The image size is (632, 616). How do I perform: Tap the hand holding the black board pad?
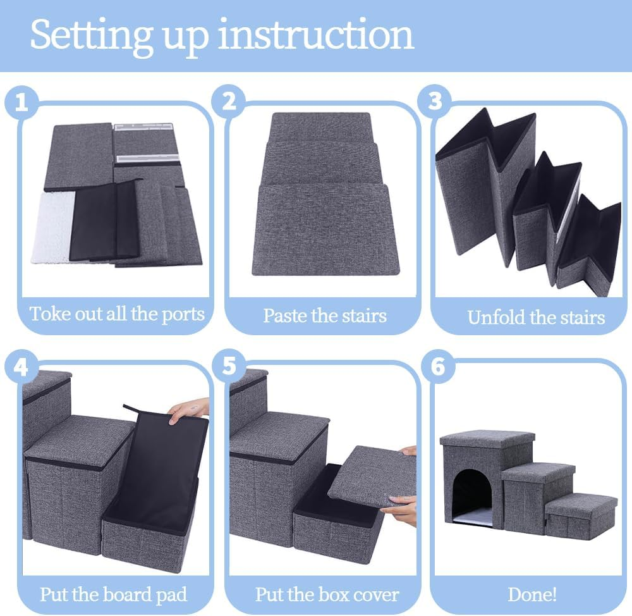coord(188,409)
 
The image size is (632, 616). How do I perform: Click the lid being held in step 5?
coord(372,476)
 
